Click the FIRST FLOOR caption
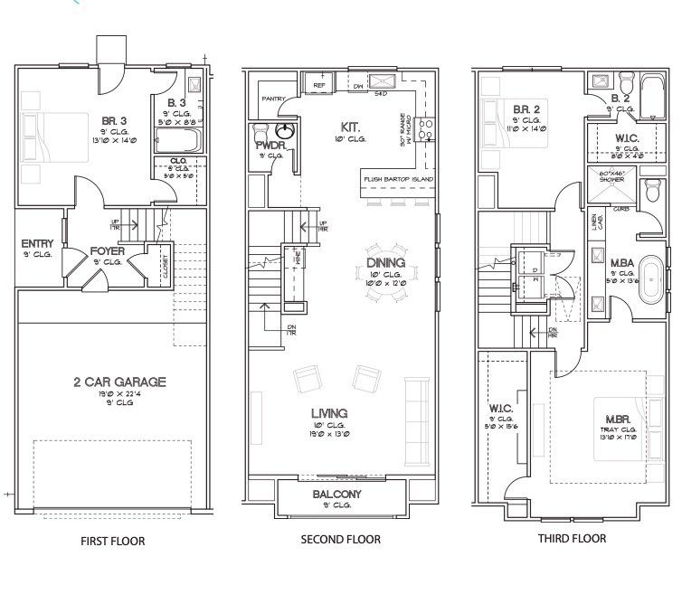point(113,542)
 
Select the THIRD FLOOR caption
point(573,539)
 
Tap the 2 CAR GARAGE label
point(119,382)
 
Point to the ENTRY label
point(37,244)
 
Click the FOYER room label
point(107,250)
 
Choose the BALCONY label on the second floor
point(336,495)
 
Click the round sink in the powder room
point(288,131)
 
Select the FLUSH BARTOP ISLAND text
point(398,179)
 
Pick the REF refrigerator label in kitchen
point(318,85)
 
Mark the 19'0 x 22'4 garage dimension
point(119,394)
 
